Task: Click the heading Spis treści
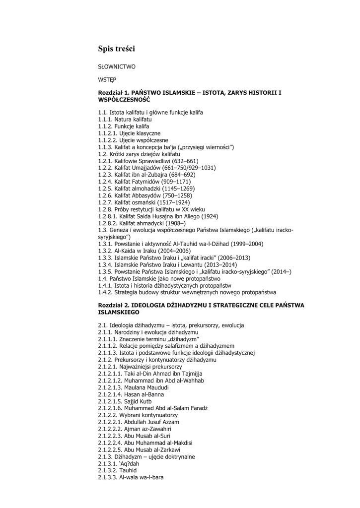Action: click(116, 49)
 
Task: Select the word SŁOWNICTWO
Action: click(117, 66)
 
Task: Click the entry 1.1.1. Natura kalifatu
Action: click(125, 120)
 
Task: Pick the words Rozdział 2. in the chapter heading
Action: click(114, 306)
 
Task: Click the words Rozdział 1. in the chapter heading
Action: click(114, 92)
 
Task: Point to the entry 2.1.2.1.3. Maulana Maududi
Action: click(134, 387)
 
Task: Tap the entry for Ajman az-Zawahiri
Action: click(135, 429)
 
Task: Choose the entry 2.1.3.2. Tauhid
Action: click(118, 470)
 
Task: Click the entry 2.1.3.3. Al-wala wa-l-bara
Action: click(131, 477)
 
